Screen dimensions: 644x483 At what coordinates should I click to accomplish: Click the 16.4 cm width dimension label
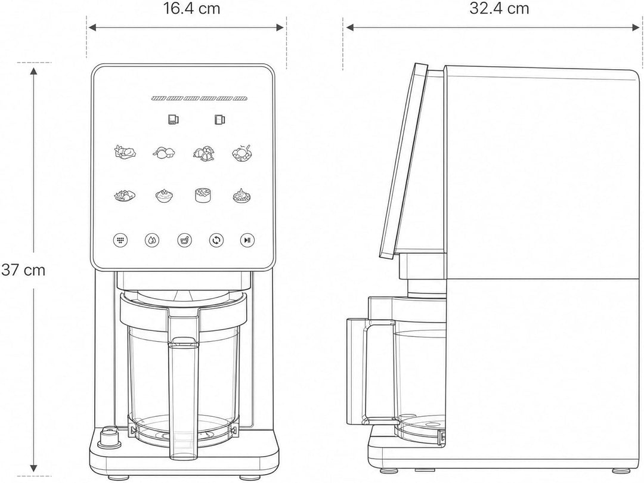192,8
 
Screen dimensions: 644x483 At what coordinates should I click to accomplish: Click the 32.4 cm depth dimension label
499,8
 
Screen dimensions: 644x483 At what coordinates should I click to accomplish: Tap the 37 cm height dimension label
23,270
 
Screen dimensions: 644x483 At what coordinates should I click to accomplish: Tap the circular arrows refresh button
216,240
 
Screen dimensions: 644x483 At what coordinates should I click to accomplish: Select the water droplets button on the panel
152,240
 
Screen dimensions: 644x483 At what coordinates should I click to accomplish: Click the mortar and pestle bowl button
184,240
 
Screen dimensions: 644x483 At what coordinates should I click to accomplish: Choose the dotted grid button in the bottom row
120,240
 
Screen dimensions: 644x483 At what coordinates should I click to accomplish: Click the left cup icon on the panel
173,119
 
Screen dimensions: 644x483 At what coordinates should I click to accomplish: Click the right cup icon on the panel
219,119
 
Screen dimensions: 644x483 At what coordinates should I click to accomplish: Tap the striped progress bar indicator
199,98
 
